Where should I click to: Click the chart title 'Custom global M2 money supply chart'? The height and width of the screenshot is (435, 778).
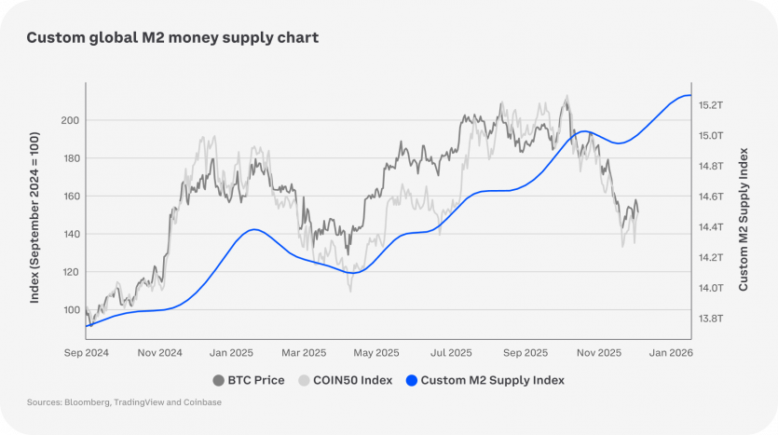(x=172, y=38)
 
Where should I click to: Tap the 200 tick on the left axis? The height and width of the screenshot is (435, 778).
(x=69, y=120)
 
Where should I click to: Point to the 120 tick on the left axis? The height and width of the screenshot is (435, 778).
(x=69, y=272)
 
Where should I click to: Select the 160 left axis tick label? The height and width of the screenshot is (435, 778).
(x=69, y=197)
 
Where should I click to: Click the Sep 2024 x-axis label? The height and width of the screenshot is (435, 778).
(x=87, y=353)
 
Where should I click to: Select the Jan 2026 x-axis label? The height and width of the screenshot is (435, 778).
(x=671, y=353)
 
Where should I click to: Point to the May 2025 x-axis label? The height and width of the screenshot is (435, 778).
(x=377, y=353)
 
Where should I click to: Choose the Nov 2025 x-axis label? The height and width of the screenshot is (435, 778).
(x=598, y=353)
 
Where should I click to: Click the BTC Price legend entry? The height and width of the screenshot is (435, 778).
(x=249, y=380)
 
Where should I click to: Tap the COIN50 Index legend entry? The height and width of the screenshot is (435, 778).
(x=345, y=380)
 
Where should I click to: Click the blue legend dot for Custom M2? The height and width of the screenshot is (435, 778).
(x=412, y=380)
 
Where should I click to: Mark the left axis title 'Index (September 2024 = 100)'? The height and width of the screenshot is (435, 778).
(x=35, y=217)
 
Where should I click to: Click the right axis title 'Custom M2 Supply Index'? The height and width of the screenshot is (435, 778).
(x=744, y=217)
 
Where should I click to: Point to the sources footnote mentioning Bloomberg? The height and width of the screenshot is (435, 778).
(x=125, y=402)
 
